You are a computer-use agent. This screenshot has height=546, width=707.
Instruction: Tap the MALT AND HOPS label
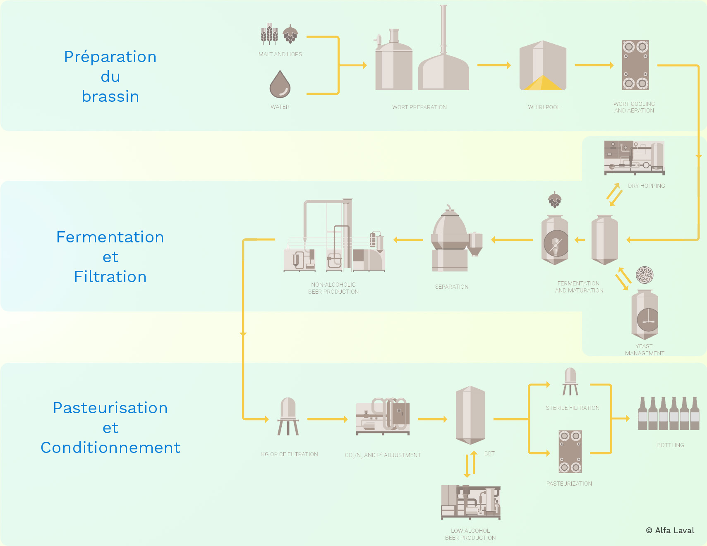(280, 54)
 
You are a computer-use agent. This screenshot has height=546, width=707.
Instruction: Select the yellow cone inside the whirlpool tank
(543, 84)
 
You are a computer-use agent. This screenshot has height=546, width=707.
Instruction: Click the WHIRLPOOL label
(544, 107)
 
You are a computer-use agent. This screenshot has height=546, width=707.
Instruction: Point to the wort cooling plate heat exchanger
(635, 65)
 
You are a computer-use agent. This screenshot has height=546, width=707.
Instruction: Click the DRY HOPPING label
(646, 186)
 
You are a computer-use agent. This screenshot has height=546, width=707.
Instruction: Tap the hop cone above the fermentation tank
(555, 200)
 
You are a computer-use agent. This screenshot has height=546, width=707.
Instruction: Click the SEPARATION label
(451, 287)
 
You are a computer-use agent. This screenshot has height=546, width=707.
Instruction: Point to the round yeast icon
(645, 275)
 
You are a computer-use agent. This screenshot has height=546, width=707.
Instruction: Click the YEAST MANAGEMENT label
(644, 350)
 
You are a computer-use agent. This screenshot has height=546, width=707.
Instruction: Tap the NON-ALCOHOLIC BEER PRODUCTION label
(333, 288)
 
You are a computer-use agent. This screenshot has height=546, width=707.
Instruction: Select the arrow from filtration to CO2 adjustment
(327, 419)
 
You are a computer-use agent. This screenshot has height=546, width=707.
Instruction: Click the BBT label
(489, 453)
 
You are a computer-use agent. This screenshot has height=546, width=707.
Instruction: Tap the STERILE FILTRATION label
(572, 408)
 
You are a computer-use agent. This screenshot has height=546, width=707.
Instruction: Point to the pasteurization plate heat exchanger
(570, 451)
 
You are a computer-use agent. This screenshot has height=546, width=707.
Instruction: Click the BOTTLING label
(670, 445)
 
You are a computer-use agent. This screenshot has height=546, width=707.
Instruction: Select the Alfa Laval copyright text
(670, 530)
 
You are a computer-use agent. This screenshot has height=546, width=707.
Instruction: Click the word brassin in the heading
(110, 96)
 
